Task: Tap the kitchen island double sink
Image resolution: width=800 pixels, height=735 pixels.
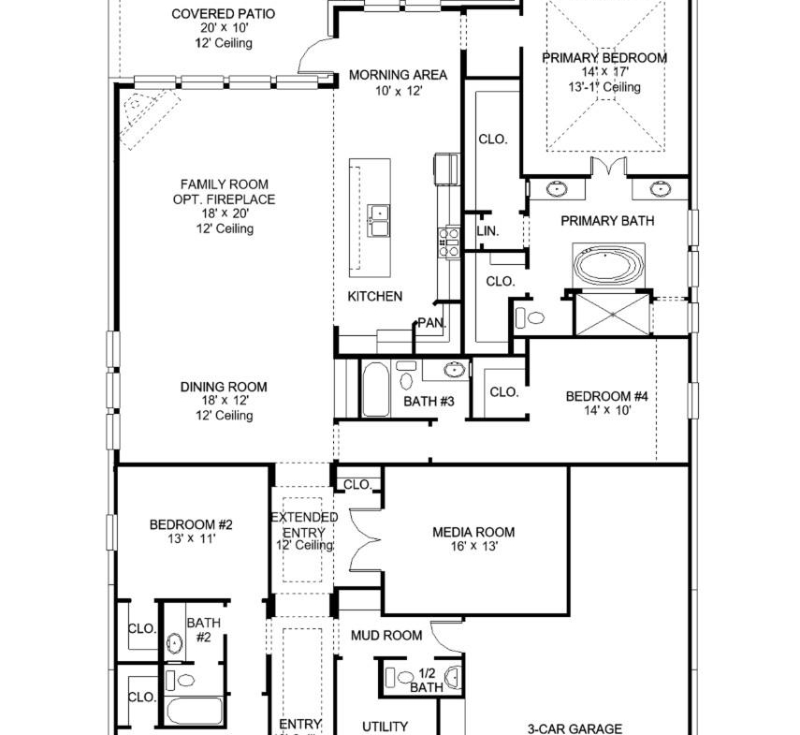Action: pos(379,221)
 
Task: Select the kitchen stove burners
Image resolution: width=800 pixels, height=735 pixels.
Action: pos(448,243)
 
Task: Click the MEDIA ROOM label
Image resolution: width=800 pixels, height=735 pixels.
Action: pos(473,533)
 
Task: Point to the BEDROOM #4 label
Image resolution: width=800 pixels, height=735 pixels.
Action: pos(606,396)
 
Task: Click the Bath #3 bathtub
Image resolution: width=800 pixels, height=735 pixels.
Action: pos(375,389)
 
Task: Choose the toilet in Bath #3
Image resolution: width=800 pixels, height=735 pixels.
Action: pos(406,375)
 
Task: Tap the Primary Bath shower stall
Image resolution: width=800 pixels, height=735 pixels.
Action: pos(613,315)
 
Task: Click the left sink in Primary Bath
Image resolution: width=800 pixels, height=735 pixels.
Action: pos(557,189)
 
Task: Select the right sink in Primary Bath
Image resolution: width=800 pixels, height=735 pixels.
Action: pos(661,189)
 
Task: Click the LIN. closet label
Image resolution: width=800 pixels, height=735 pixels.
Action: pos(487,231)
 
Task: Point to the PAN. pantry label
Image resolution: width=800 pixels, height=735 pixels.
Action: pos(432,323)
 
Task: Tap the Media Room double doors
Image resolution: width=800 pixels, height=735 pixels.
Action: pos(365,538)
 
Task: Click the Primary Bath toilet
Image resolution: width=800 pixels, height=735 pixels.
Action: pos(531,318)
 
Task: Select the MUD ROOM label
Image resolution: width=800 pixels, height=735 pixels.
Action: pos(386,636)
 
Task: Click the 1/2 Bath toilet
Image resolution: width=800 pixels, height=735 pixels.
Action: pos(400,677)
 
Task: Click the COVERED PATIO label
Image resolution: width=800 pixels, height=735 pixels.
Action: pos(223,14)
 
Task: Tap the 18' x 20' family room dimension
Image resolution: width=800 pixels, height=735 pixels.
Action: pos(225,213)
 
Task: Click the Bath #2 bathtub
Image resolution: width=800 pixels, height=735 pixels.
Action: pos(195,711)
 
